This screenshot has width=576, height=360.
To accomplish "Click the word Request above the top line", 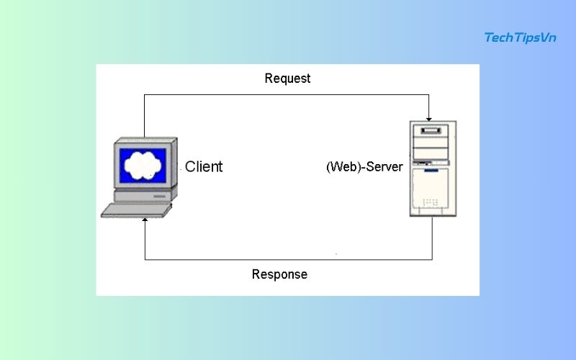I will coord(287,78).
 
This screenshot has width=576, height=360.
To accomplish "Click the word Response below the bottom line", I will coord(279,274).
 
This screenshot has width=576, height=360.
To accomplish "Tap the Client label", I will coord(204,166).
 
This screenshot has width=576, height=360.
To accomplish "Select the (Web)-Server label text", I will coord(364,167).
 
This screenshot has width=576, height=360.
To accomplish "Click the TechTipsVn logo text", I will coord(521,37).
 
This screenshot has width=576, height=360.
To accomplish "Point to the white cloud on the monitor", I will coord(143,166).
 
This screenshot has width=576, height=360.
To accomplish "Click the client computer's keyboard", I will coord(137,210).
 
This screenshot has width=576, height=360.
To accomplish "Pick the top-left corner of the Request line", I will coord(145,94).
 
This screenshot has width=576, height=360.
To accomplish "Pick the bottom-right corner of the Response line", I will coord(432,259).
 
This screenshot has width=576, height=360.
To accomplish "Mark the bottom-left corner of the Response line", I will coord(145,259).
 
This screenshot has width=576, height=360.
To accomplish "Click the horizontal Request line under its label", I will coord(287,94).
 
